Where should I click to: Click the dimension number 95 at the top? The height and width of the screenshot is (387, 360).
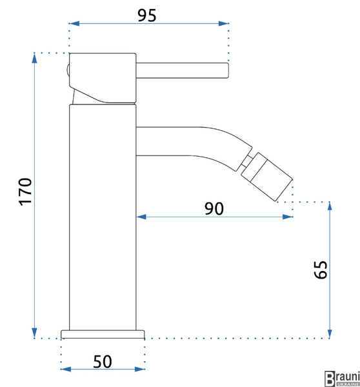(x=147, y=15)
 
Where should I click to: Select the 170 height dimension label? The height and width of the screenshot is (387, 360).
(x=25, y=192)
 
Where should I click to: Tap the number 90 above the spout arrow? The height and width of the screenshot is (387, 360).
(x=214, y=208)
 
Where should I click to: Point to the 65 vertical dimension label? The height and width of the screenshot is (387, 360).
(x=321, y=270)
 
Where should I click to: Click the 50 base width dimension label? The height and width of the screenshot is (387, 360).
(x=103, y=362)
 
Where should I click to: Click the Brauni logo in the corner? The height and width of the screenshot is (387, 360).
(x=342, y=379)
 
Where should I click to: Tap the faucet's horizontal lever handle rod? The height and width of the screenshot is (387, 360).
(x=182, y=70)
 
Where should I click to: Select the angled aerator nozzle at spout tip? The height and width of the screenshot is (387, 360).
(x=266, y=177)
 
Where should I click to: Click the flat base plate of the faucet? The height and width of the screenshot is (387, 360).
(x=103, y=334)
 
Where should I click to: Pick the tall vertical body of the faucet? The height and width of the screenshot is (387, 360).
(x=103, y=217)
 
